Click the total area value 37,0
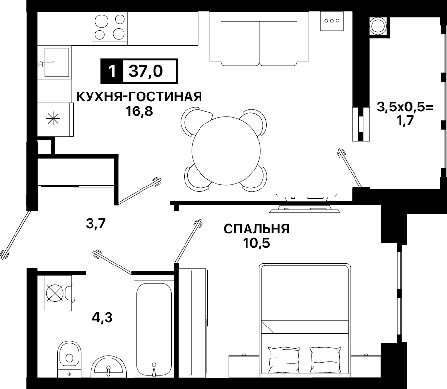(x=146, y=71)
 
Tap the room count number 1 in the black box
(x=112, y=71)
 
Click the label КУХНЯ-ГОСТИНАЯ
(x=139, y=97)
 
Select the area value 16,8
(x=139, y=111)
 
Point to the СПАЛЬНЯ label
(x=256, y=229)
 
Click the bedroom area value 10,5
(x=256, y=243)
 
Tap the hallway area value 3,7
(x=96, y=224)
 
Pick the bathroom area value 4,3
(x=102, y=317)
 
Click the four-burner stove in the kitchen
(x=110, y=28)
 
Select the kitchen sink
(x=57, y=62)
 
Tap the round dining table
(x=226, y=150)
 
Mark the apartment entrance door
(x=15, y=235)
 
